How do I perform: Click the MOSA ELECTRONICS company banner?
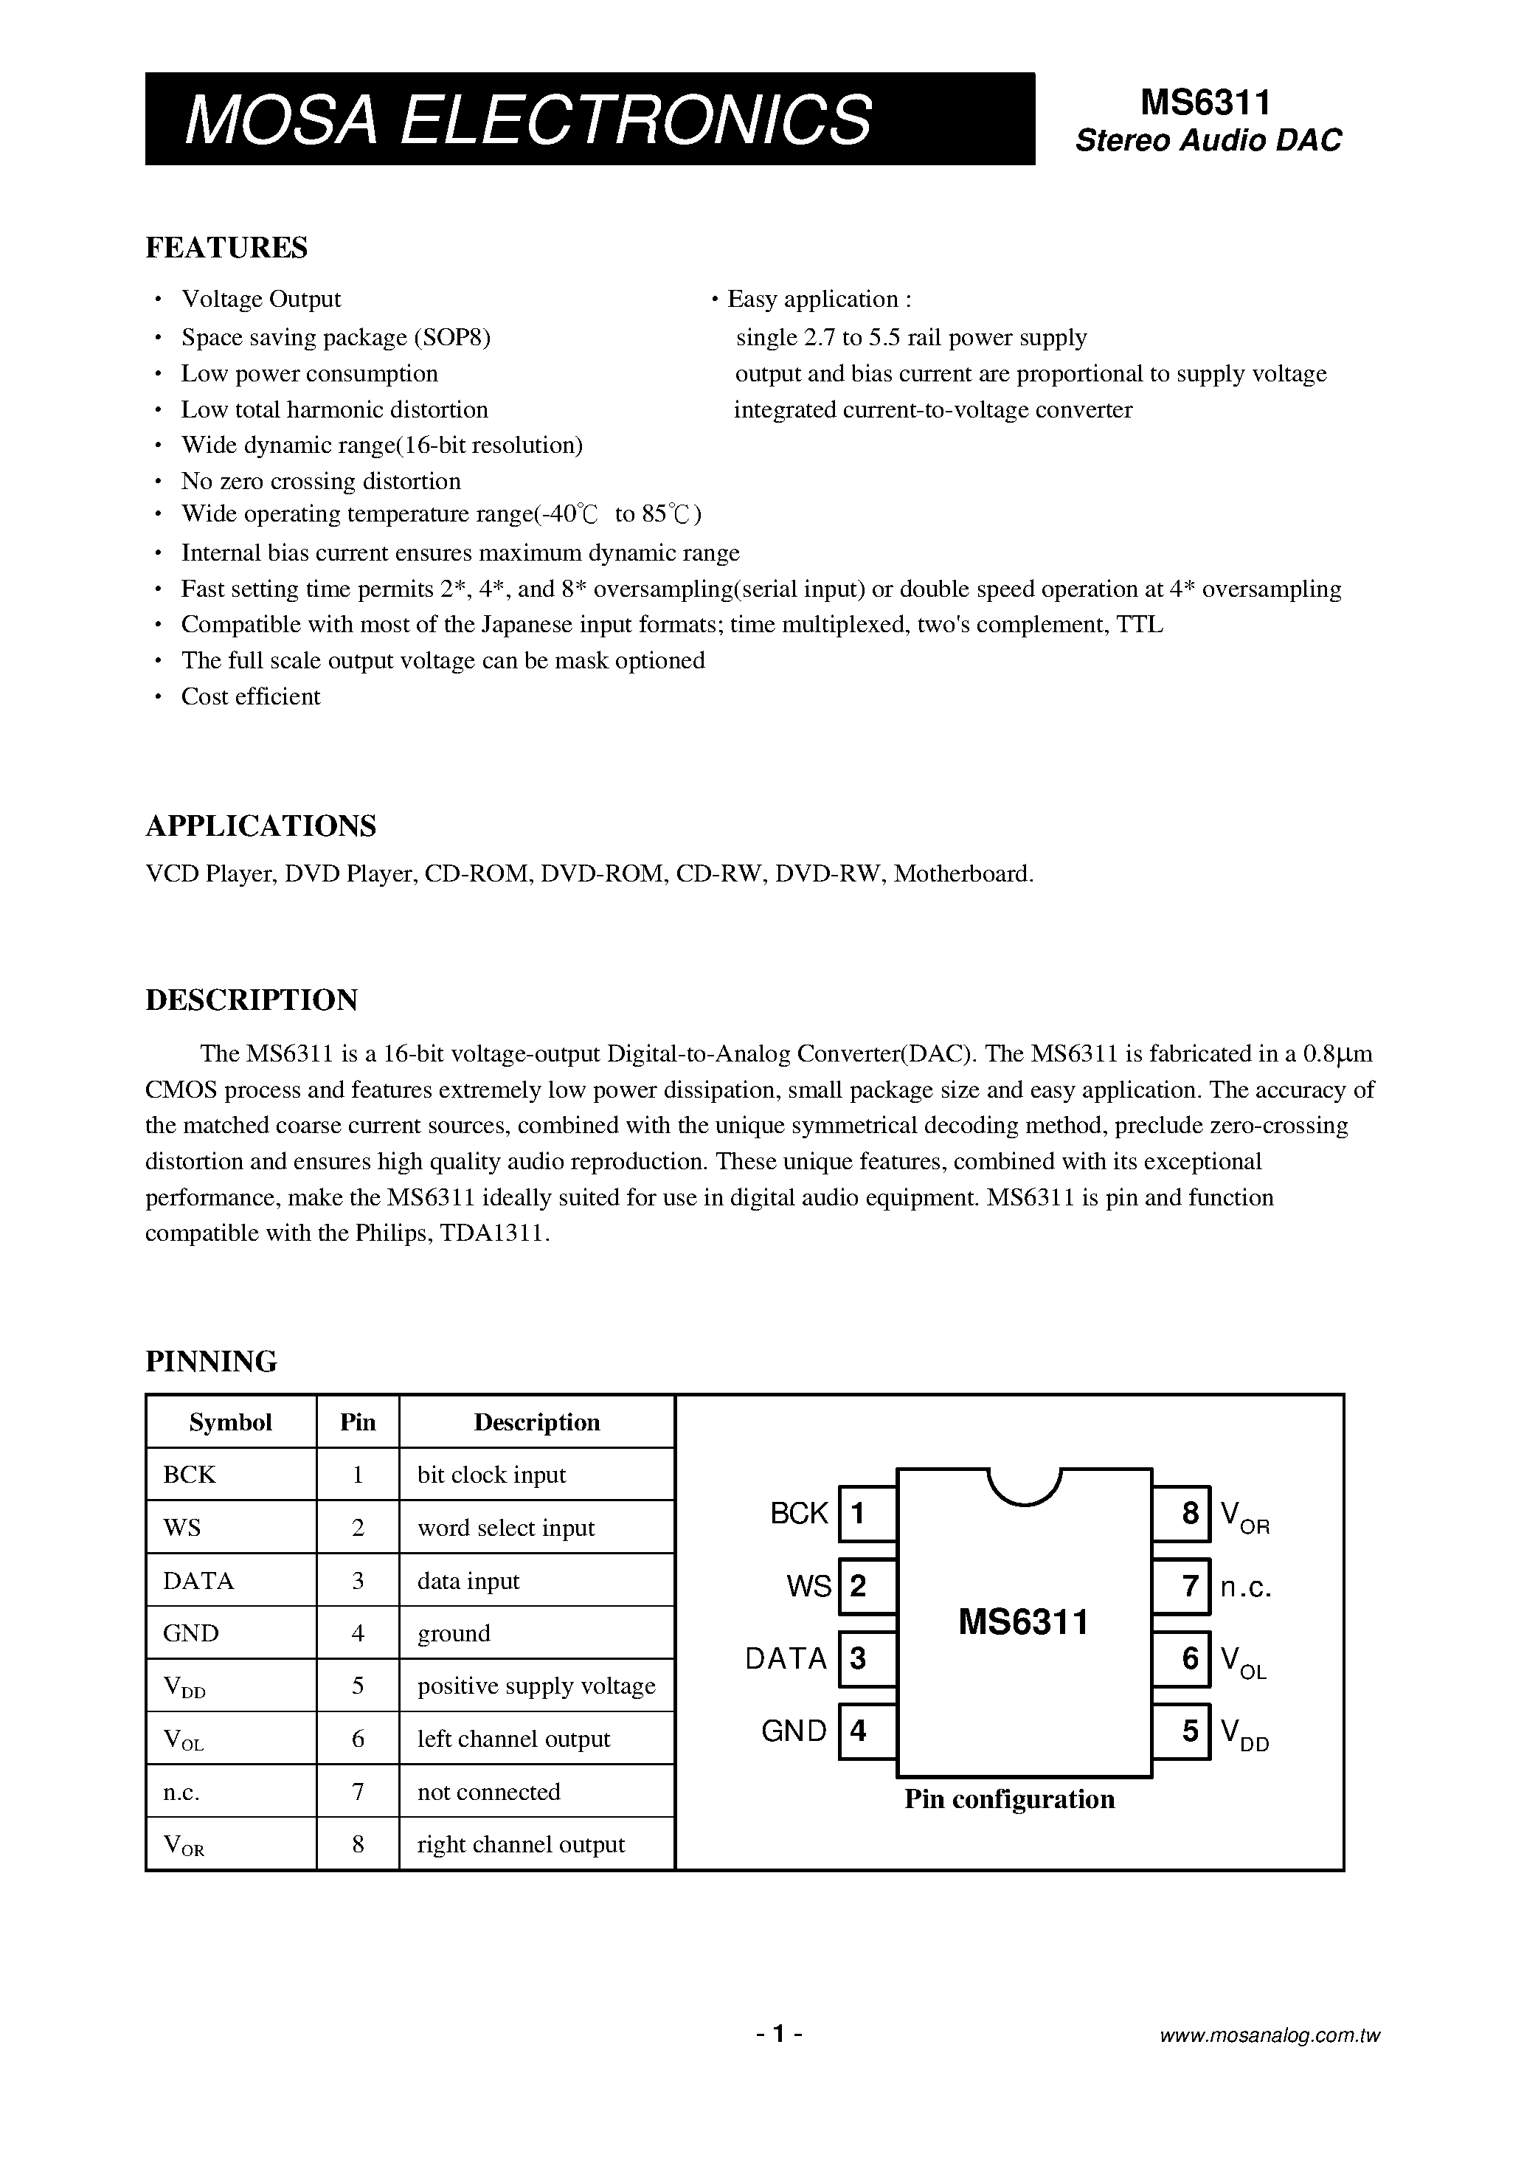pyautogui.click(x=589, y=120)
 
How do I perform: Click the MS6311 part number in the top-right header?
pyautogui.click(x=1205, y=102)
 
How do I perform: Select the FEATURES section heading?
pyautogui.click(x=226, y=247)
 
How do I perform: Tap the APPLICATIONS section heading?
pyautogui.click(x=260, y=825)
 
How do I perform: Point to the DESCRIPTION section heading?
pyautogui.click(x=251, y=1000)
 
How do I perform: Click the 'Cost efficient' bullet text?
pyautogui.click(x=250, y=696)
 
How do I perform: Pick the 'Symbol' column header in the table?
pyautogui.click(x=230, y=1422)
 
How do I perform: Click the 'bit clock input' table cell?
pyautogui.click(x=491, y=1475)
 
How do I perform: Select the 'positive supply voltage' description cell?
pyautogui.click(x=536, y=1686)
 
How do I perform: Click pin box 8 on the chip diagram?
pyautogui.click(x=1182, y=1514)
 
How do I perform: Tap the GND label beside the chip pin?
pyautogui.click(x=794, y=1731)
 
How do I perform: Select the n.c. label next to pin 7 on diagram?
pyautogui.click(x=1246, y=1587)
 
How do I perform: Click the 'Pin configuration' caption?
pyautogui.click(x=1009, y=1799)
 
